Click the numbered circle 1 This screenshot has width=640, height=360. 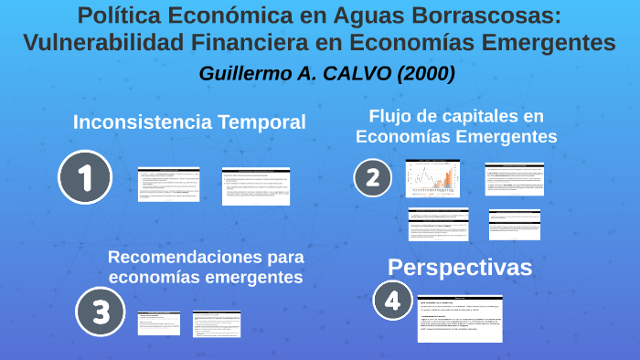pos(85,177)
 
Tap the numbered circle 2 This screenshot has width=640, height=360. pos(372,177)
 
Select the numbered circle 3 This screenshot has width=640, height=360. pos(101,313)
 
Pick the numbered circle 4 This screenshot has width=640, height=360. pos(392,300)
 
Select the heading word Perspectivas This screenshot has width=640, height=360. pos(460,267)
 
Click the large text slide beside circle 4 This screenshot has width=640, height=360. pos(460,319)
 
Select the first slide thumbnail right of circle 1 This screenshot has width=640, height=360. pos(168,184)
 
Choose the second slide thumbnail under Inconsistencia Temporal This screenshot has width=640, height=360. pos(256,185)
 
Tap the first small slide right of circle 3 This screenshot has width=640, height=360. pos(159,323)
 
